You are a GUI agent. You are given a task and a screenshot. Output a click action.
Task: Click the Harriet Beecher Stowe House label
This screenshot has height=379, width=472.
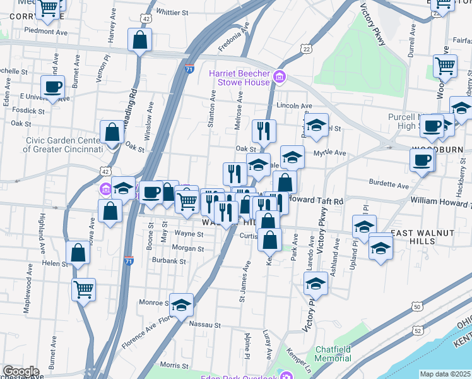tap(240, 78)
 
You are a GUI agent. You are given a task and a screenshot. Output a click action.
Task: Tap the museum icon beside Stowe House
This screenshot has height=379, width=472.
tap(280, 78)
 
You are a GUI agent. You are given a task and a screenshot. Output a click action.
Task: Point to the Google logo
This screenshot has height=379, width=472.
tap(20, 371)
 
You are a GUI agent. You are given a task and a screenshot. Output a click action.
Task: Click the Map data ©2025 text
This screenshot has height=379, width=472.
tap(445, 374)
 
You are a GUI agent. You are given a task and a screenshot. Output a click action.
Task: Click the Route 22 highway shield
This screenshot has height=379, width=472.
tap(307, 49)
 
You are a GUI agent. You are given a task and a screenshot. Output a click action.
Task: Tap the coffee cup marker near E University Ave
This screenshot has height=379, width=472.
tap(52, 87)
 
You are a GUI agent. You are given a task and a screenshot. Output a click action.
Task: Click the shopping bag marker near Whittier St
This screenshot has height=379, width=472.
tap(139, 40)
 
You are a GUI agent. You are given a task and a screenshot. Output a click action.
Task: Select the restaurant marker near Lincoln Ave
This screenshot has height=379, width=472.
tap(263, 130)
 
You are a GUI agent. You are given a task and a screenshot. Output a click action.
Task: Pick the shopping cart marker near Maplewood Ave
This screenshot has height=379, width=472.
tap(83, 289)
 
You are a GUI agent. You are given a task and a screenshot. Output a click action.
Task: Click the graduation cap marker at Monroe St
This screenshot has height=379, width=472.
tap(181, 304)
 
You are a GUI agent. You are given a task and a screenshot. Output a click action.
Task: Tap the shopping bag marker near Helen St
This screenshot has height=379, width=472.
tap(78, 253)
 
